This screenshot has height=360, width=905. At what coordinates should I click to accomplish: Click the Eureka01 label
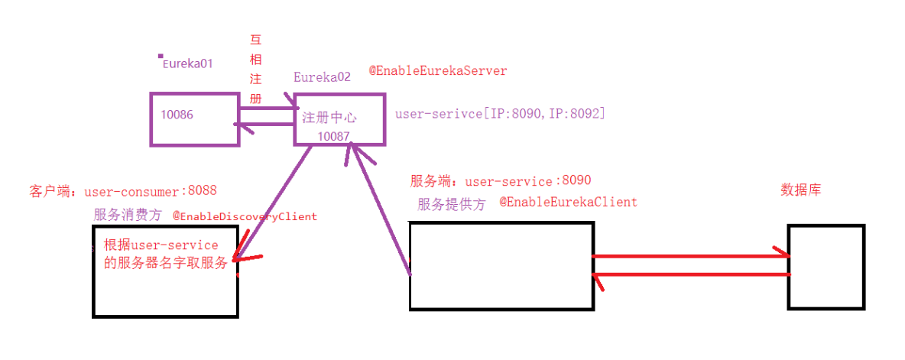pyautogui.click(x=187, y=64)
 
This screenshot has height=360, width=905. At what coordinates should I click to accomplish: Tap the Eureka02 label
pyautogui.click(x=322, y=77)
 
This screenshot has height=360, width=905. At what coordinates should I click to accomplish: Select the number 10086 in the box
pyautogui.click(x=177, y=115)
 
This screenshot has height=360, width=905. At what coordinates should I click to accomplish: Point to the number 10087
pyautogui.click(x=333, y=135)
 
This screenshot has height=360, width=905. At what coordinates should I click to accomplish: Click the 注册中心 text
pyautogui.click(x=329, y=118)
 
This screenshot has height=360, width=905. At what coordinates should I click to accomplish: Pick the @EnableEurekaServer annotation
pyautogui.click(x=438, y=70)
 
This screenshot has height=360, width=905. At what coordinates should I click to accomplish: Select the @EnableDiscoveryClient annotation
pyautogui.click(x=245, y=216)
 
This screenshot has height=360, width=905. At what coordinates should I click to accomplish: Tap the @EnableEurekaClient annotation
pyautogui.click(x=568, y=202)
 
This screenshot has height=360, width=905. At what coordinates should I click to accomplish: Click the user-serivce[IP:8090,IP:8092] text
pyautogui.click(x=500, y=114)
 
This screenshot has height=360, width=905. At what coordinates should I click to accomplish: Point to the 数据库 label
pyautogui.click(x=800, y=190)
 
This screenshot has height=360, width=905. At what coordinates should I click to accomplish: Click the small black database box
pyautogui.click(x=826, y=267)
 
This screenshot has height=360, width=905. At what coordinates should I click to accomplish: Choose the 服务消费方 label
pyautogui.click(x=128, y=216)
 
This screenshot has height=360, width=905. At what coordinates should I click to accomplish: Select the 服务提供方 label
pyautogui.click(x=451, y=204)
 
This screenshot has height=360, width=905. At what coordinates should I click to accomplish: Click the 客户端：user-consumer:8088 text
pyautogui.click(x=123, y=190)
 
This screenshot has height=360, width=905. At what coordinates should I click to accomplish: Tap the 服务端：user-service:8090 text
pyautogui.click(x=500, y=181)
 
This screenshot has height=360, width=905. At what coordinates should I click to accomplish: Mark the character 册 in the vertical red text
pyautogui.click(x=256, y=99)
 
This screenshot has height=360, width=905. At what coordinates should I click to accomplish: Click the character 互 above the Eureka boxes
pyautogui.click(x=256, y=40)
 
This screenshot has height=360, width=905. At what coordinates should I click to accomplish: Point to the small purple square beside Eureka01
pyautogui.click(x=161, y=56)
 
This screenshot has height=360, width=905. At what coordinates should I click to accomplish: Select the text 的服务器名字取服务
pyautogui.click(x=166, y=264)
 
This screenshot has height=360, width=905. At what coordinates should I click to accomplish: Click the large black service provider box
pyautogui.click(x=501, y=266)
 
